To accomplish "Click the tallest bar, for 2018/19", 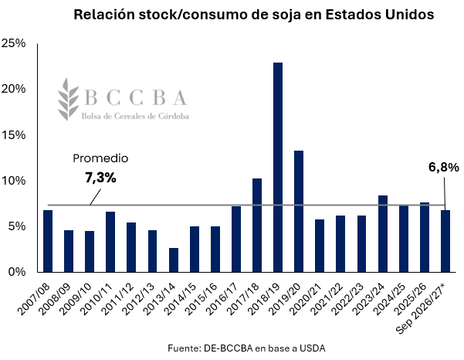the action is pyautogui.click(x=278, y=168).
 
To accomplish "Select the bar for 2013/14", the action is pyautogui.click(x=174, y=260).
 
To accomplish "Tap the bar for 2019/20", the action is pyautogui.click(x=299, y=212).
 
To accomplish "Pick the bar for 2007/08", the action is pyautogui.click(x=48, y=241).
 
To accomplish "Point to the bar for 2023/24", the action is pyautogui.click(x=383, y=234).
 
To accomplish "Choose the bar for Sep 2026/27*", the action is pyautogui.click(x=445, y=241).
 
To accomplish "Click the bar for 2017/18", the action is pyautogui.click(x=257, y=226).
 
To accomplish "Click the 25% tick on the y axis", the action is pyautogui.click(x=14, y=43).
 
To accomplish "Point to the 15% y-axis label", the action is pyautogui.click(x=14, y=135).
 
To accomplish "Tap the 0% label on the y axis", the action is pyautogui.click(x=17, y=272).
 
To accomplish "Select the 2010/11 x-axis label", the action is pyautogui.click(x=97, y=299).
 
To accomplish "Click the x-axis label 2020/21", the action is pyautogui.click(x=306, y=299).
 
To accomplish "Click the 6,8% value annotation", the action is pyautogui.click(x=444, y=168).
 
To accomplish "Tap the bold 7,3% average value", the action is pyautogui.click(x=100, y=178).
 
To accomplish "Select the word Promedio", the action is pyautogui.click(x=100, y=158).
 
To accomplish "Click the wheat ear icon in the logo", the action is pyautogui.click(x=69, y=99).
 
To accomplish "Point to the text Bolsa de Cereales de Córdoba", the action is pyautogui.click(x=135, y=116).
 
